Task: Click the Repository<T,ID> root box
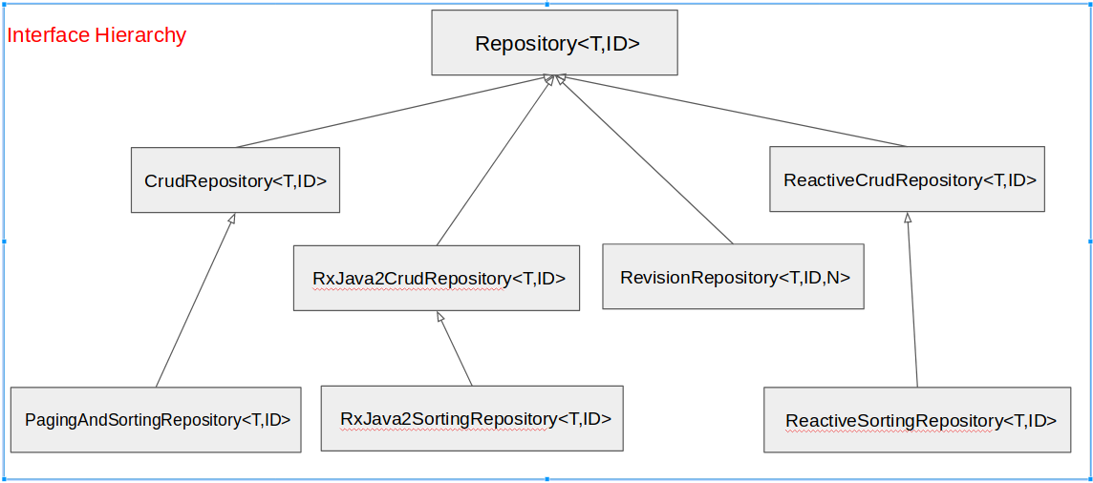click(x=554, y=43)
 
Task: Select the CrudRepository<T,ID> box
click(x=235, y=179)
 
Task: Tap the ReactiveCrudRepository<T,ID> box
click(x=907, y=179)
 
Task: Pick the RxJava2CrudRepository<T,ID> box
click(x=436, y=278)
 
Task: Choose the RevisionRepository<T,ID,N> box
click(x=733, y=277)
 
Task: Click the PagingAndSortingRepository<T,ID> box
click(x=156, y=419)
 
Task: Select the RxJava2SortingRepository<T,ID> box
click(x=472, y=418)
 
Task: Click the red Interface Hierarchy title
click(x=96, y=35)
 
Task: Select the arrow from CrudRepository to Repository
click(x=392, y=112)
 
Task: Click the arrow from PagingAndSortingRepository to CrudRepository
click(x=195, y=301)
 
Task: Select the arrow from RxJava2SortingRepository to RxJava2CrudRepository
click(x=455, y=348)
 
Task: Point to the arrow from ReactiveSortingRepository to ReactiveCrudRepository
click(x=912, y=301)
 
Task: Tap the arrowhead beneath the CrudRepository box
click(x=231, y=220)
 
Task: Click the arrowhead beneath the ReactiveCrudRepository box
click(x=908, y=218)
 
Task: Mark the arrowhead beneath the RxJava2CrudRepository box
click(x=439, y=316)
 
